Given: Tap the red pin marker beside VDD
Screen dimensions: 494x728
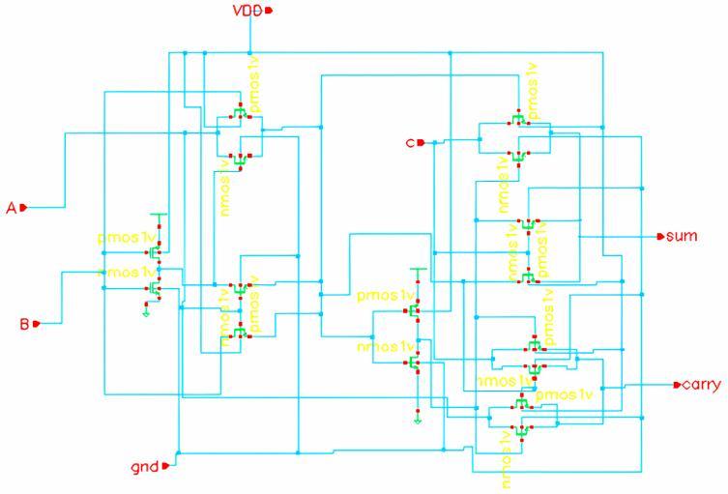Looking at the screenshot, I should point(270,11).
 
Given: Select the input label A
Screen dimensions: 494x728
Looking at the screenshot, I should point(12,207).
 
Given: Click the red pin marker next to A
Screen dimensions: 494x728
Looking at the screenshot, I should point(23,207).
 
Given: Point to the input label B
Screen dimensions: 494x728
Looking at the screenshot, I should point(24,324).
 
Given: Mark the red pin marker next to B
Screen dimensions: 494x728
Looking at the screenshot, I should point(37,324).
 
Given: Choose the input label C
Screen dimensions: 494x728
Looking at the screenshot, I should point(410,143).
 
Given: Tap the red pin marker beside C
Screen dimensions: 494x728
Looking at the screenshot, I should point(421,143).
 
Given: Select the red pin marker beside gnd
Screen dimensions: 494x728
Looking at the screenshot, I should point(165,466).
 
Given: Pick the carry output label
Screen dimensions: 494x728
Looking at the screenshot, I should point(701,385).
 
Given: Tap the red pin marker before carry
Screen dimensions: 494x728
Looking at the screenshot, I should point(677,385).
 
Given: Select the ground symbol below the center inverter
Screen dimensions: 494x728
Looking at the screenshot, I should point(416,418).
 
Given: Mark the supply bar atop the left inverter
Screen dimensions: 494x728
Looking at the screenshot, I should point(160,215).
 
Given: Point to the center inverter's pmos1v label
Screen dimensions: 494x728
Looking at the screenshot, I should point(385,295).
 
